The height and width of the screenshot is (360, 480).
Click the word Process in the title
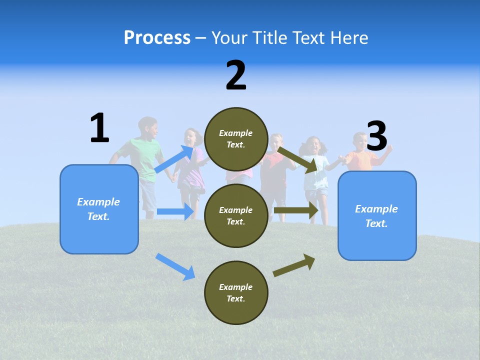[157, 38]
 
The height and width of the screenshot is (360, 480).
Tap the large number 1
[99, 128]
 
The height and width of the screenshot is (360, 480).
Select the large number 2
[236, 75]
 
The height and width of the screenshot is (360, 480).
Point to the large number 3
[377, 136]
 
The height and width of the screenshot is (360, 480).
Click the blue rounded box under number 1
[99, 209]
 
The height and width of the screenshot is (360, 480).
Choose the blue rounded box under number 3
[377, 215]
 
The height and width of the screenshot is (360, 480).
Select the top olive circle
[236, 139]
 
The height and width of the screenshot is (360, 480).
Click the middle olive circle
[236, 215]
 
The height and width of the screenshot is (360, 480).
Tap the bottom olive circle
[236, 292]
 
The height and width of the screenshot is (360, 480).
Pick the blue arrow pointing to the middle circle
[175, 211]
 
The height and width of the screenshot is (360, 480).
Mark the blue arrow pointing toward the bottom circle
[175, 266]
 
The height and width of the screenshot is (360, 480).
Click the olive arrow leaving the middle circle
[296, 210]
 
